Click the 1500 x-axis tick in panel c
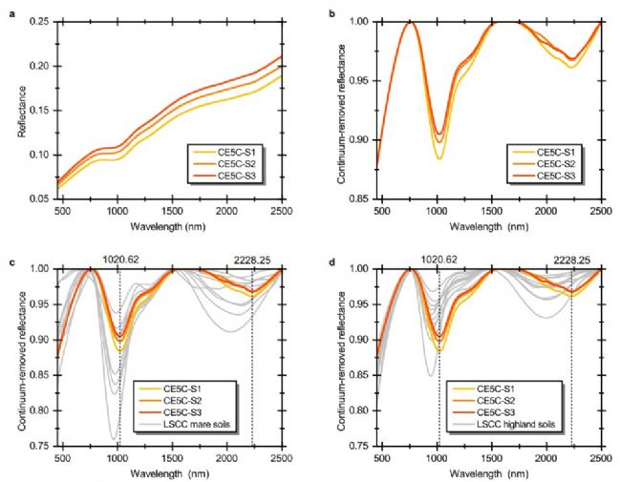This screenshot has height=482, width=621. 173,458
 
